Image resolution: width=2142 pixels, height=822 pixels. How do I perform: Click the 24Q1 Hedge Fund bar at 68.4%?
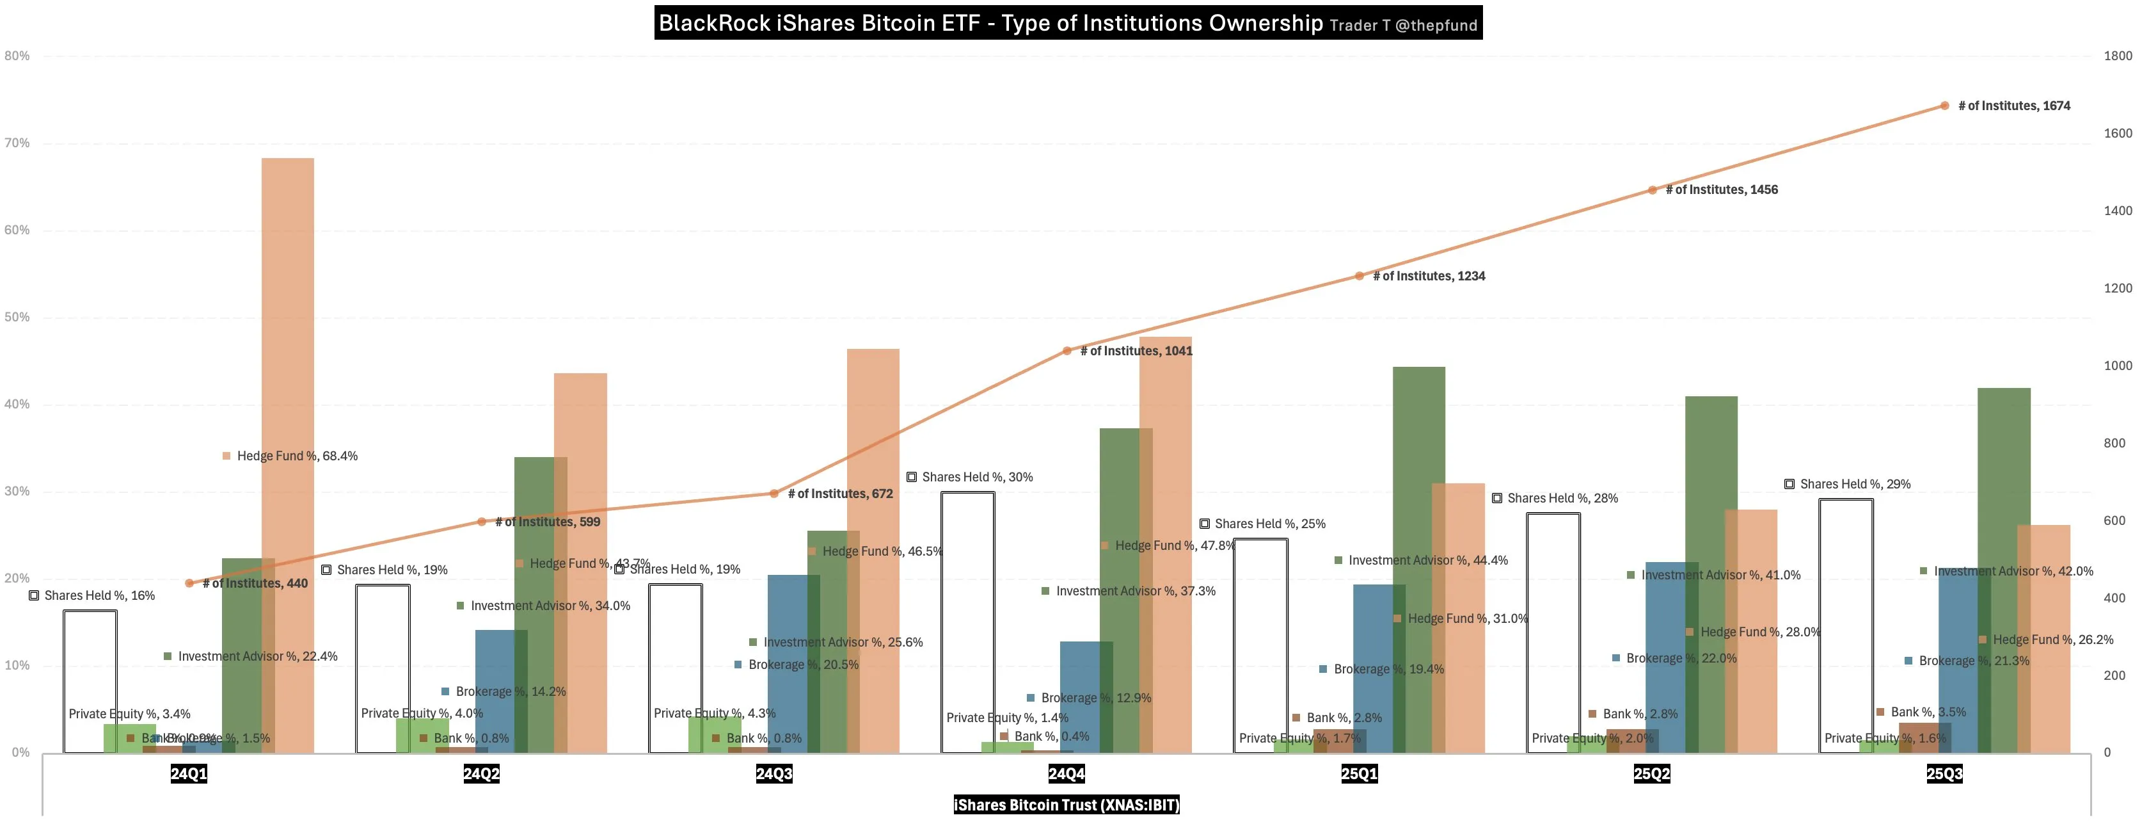[x=288, y=333]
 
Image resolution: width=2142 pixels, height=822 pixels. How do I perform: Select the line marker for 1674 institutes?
[x=1944, y=106]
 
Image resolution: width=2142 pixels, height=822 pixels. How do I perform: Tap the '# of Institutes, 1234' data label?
[x=1428, y=276]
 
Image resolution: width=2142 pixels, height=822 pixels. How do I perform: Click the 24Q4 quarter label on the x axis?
[x=1066, y=774]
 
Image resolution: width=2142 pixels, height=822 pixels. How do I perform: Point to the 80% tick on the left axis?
[x=17, y=56]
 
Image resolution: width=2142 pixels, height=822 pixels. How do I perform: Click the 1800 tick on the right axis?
[x=2117, y=56]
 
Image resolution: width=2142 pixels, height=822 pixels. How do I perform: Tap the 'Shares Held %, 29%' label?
[x=1854, y=484]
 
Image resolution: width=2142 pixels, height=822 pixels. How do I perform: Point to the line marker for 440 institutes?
[x=189, y=583]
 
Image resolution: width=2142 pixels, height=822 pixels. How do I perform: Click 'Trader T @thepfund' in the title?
[x=1403, y=26]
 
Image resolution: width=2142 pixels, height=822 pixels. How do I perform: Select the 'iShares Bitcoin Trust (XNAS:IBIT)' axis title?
[x=1066, y=805]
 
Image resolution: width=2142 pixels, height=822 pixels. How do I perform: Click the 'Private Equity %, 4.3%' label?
[x=713, y=713]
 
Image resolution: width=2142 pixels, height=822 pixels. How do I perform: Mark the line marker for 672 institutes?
[x=773, y=494]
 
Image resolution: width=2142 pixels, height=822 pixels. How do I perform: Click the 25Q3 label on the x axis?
[x=1944, y=774]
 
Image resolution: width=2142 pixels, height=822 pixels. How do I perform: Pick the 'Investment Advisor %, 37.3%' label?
[x=1134, y=592]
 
